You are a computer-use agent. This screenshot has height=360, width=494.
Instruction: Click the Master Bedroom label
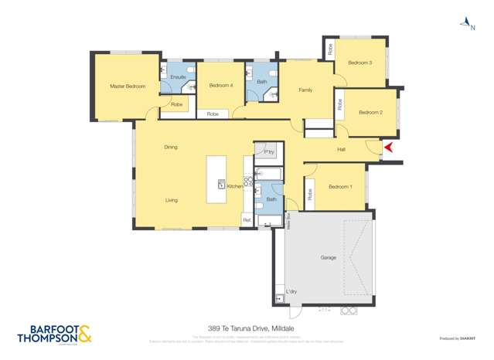point(128,87)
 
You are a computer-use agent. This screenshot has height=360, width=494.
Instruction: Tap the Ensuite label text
point(178,77)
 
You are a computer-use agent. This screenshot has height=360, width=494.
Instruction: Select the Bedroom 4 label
point(221,85)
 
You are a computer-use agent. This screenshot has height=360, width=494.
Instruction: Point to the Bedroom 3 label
point(359,63)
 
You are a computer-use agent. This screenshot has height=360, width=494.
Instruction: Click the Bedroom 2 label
point(370,113)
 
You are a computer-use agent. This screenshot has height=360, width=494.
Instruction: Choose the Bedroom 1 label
point(340,187)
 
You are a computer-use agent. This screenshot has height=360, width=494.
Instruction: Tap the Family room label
point(305,90)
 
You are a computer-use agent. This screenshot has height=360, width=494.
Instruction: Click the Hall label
point(341,149)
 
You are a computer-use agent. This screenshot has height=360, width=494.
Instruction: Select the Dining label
point(171,147)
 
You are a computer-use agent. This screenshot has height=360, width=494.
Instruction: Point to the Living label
point(171,200)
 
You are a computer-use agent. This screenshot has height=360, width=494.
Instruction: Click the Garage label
point(328,257)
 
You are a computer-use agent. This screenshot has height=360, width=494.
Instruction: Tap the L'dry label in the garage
point(291,291)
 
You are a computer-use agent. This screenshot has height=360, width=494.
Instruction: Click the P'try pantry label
point(268,151)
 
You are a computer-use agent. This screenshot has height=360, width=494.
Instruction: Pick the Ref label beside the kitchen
point(247,220)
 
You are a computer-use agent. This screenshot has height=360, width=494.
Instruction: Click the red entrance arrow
point(389,147)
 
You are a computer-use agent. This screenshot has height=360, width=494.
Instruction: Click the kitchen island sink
point(221,184)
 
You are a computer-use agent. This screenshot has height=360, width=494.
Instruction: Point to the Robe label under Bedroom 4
point(213,114)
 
